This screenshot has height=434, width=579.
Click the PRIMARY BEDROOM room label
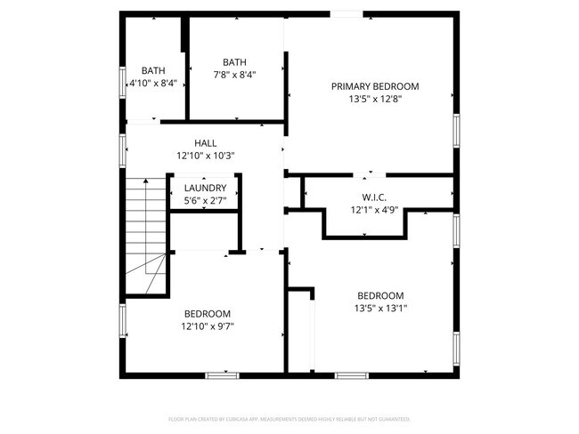pyautogui.click(x=374, y=86)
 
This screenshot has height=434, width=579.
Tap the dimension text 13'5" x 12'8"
pyautogui.click(x=374, y=100)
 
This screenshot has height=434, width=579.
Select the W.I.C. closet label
pyautogui.click(x=373, y=197)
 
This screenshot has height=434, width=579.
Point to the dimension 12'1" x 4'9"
pyautogui.click(x=373, y=211)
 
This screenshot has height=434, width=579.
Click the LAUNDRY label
pyautogui.click(x=205, y=189)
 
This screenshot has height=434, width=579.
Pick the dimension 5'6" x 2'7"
pyautogui.click(x=205, y=201)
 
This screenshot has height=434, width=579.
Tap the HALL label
pyautogui.click(x=205, y=142)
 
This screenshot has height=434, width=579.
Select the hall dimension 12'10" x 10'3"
pyautogui.click(x=205, y=156)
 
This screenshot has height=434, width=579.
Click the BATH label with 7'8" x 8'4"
pyautogui.click(x=234, y=62)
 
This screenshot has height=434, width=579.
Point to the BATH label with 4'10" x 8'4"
pyautogui.click(x=153, y=70)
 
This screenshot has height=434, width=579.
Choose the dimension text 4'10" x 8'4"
pyautogui.click(x=153, y=83)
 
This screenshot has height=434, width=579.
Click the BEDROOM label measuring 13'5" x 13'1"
pyautogui.click(x=380, y=296)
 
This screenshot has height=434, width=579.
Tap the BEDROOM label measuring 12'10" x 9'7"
pyautogui.click(x=208, y=314)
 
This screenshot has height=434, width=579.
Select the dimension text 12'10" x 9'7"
pyautogui.click(x=208, y=326)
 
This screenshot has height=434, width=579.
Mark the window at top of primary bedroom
pyautogui.click(x=348, y=13)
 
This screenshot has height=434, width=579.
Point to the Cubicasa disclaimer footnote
pyautogui.click(x=289, y=418)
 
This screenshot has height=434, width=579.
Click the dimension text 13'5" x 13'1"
pyautogui.click(x=380, y=309)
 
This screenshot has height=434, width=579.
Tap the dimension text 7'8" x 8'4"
pyautogui.click(x=234, y=75)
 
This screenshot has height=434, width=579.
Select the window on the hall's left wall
pyautogui.click(x=122, y=149)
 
